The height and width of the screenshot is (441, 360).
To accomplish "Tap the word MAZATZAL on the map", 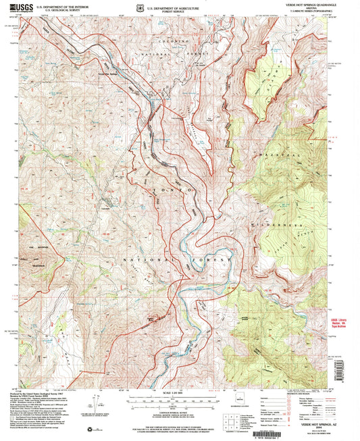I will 274,155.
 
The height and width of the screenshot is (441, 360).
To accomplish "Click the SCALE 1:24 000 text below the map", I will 177,393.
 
